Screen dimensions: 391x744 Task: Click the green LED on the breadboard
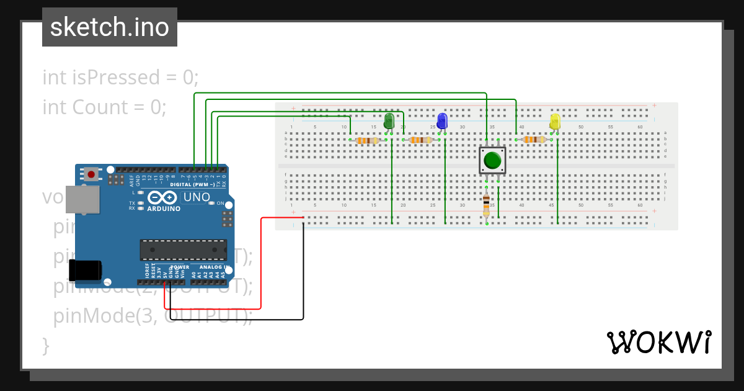pos(389,120)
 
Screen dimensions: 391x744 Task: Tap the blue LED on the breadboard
pos(442,120)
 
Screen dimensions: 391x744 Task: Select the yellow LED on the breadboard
pos(555,121)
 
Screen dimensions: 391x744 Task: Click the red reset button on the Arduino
pos(91,174)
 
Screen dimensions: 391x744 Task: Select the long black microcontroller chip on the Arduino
pos(183,249)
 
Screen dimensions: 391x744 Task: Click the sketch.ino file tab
pos(110,27)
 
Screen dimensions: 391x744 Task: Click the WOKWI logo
pos(658,342)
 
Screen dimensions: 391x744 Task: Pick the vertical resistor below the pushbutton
pos(486,205)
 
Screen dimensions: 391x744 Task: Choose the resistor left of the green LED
pos(367,140)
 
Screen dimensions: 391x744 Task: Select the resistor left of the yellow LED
pos(534,140)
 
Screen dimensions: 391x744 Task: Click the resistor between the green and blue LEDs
pos(421,140)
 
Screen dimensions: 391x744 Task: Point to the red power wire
pos(260,261)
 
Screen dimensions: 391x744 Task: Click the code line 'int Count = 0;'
pos(104,107)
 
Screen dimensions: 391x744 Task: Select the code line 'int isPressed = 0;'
pos(120,78)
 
